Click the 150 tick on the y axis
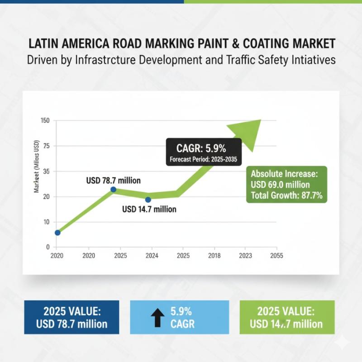pos(45,121)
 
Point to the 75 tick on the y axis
pos(46,146)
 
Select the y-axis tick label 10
pos(46,222)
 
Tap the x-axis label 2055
pos(276,256)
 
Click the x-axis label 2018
pos(214,256)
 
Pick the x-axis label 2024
pos(151,256)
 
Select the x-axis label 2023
pos(245,256)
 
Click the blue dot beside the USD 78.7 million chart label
pos(113,190)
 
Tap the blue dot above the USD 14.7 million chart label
pos(148,200)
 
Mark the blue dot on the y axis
pos(57,233)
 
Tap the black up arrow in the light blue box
pos(157,318)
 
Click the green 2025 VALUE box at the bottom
pos(286,317)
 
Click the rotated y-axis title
pos(37,167)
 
